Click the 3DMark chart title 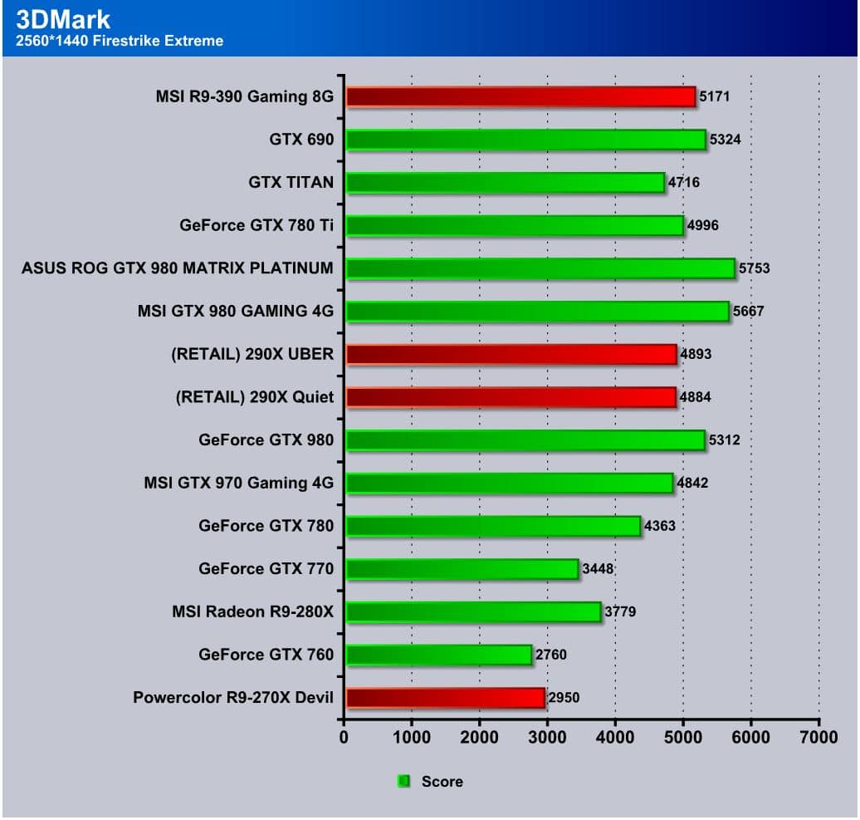click(63, 18)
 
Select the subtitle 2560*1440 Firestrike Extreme click(120, 40)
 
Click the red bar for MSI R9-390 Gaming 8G click(520, 97)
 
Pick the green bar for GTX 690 click(525, 140)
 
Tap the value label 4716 click(684, 182)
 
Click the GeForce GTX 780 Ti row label click(257, 225)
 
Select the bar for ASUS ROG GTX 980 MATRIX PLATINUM click(540, 268)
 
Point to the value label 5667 click(748, 312)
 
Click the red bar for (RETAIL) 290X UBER click(511, 355)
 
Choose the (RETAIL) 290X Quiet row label click(255, 397)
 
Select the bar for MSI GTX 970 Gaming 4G click(509, 483)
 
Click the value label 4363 click(660, 526)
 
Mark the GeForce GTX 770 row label click(266, 569)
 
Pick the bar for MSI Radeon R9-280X click(473, 612)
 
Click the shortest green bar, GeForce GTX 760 click(438, 655)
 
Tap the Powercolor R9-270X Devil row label click(233, 698)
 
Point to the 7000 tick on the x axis click(818, 736)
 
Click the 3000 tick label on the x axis click(547, 736)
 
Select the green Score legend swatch click(404, 781)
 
